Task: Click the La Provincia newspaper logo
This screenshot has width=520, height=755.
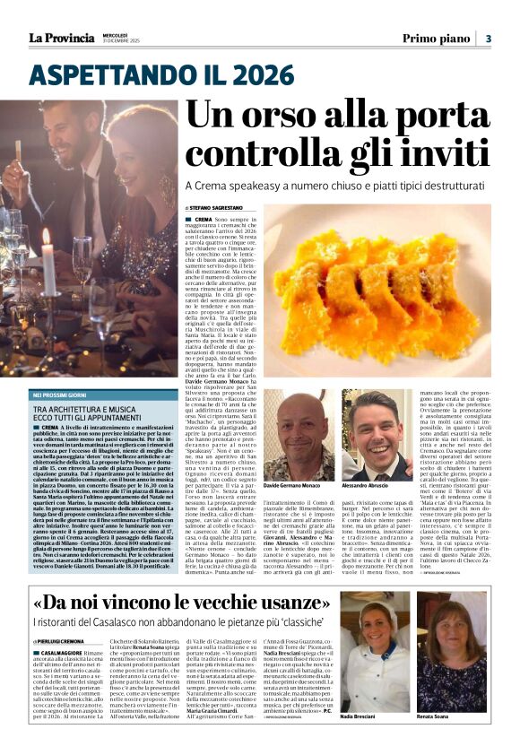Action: click(x=61, y=38)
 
